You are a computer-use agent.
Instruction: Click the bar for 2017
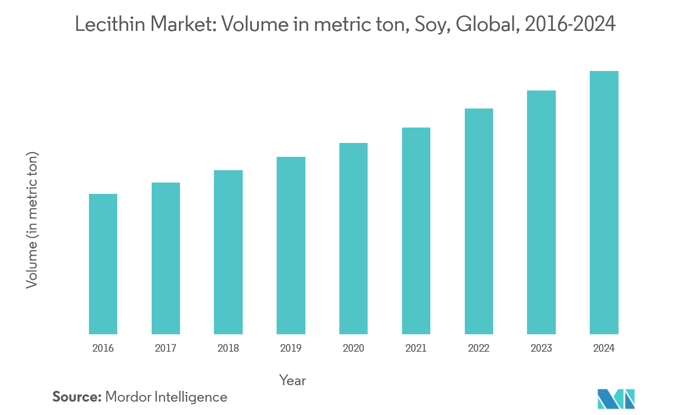point(166,258)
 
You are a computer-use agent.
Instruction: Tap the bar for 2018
point(228,252)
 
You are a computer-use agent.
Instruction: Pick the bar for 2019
point(291,245)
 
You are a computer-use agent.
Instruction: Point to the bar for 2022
point(479,221)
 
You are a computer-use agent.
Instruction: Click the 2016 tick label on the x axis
point(103,348)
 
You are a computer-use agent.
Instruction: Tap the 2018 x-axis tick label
point(228,348)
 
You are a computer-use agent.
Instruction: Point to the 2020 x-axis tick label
point(353,348)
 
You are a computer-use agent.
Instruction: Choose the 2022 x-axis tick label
point(479,348)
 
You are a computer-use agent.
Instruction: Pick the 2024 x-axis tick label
point(604,348)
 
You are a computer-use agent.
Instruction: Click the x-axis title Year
point(293,381)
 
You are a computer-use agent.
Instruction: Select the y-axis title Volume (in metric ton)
point(32,220)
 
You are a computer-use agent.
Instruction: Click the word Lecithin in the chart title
point(110,24)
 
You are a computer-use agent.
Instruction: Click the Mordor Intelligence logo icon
point(616,399)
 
